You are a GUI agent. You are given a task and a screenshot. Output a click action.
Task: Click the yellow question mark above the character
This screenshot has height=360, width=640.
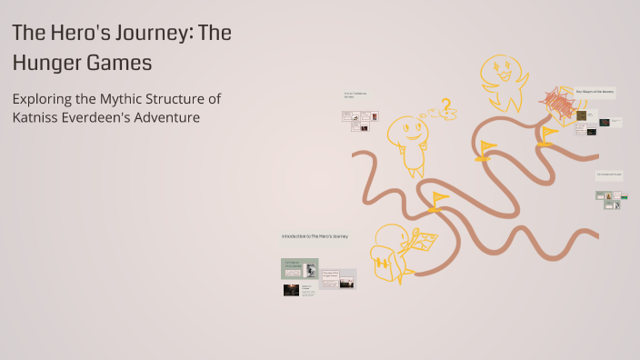click(445, 106)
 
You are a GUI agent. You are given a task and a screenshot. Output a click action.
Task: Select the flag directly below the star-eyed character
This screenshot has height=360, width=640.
click(486, 148)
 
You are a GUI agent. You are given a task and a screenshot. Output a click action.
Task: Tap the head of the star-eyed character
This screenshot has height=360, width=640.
click(498, 69)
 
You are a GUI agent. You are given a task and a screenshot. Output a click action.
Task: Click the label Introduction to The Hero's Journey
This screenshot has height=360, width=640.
click(315, 236)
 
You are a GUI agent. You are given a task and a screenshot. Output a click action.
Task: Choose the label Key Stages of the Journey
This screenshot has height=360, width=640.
click(595, 92)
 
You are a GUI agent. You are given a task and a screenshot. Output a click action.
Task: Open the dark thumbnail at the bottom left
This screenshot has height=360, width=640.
click(291, 290)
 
